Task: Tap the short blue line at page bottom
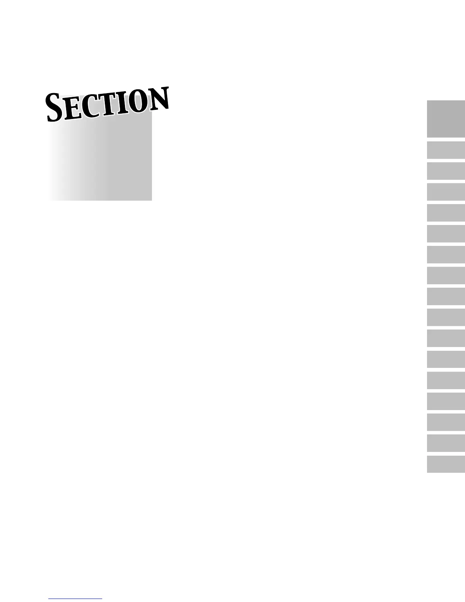pos(75,599)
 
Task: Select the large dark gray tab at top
pos(446,119)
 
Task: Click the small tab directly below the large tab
pos(446,150)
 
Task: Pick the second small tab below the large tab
pos(446,171)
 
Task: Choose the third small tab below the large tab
pos(446,192)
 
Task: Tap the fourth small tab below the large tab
pos(446,213)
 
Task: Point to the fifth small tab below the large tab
pos(446,234)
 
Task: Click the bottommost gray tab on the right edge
pos(446,464)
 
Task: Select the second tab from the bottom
pos(446,443)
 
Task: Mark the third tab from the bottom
pos(446,422)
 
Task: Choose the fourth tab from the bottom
pos(446,401)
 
